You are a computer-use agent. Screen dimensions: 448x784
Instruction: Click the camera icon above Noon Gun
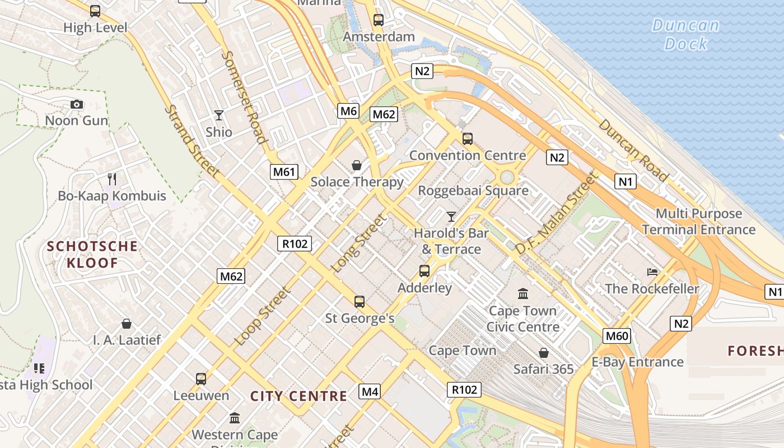[x=77, y=104]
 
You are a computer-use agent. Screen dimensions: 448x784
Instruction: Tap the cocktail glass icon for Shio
[x=219, y=115]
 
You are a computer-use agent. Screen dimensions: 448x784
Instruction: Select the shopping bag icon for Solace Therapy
[x=356, y=165]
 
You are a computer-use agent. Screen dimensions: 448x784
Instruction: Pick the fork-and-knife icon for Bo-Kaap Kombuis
[x=112, y=179]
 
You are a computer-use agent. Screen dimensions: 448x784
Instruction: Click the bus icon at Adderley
[x=424, y=271]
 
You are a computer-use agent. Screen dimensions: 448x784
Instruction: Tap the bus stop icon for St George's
[x=360, y=302]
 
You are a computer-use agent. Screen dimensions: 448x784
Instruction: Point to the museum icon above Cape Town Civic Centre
[x=523, y=293]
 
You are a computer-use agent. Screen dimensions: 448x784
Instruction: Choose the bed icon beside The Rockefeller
[x=652, y=272]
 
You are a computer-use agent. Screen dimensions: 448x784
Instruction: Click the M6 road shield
[x=348, y=111]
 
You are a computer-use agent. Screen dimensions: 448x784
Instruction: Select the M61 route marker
[x=284, y=172]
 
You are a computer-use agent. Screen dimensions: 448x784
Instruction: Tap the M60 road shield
[x=617, y=336]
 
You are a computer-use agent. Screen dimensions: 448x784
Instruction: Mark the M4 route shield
[x=370, y=391]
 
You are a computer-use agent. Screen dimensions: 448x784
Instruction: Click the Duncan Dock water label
[x=686, y=35]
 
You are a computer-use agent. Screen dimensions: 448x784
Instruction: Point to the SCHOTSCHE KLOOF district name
[x=92, y=254]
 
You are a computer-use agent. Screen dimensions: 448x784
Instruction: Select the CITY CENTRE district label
[x=298, y=396]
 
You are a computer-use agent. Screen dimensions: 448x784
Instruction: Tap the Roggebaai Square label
[x=473, y=190]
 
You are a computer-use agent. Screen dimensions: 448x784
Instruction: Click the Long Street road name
[x=359, y=244]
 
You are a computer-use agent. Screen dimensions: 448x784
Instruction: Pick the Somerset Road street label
[x=244, y=96]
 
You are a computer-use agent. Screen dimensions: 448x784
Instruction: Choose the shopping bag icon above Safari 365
[x=543, y=353]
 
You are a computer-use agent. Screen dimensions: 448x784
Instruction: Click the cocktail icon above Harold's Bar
[x=451, y=216]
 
